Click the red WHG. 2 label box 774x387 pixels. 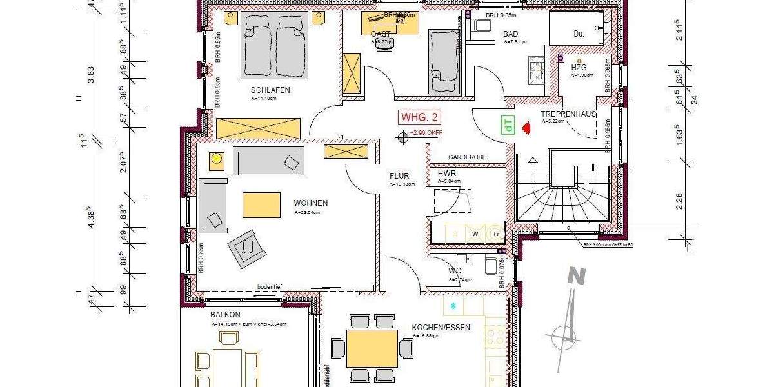(x=420, y=117)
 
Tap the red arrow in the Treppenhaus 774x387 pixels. (x=526, y=128)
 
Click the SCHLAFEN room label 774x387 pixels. (x=270, y=90)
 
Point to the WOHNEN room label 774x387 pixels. (x=310, y=203)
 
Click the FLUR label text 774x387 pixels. (x=399, y=175)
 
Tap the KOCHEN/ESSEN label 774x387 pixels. (x=441, y=328)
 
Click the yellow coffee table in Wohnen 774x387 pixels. (x=261, y=205)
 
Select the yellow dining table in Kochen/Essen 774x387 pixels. (x=372, y=349)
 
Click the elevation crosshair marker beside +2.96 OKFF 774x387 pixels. (x=404, y=135)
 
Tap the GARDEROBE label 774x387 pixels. (x=467, y=157)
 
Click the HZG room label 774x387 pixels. (x=579, y=66)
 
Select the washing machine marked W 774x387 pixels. (x=474, y=233)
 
